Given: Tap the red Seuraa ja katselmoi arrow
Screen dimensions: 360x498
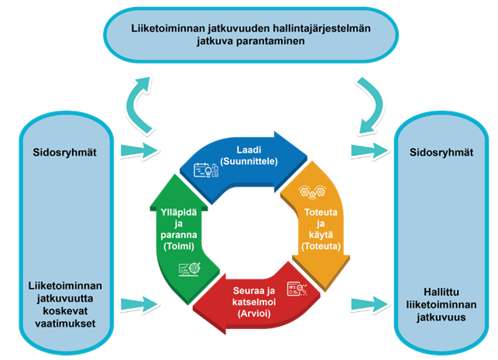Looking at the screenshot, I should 248,298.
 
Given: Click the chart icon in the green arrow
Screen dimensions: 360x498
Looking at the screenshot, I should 189,268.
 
